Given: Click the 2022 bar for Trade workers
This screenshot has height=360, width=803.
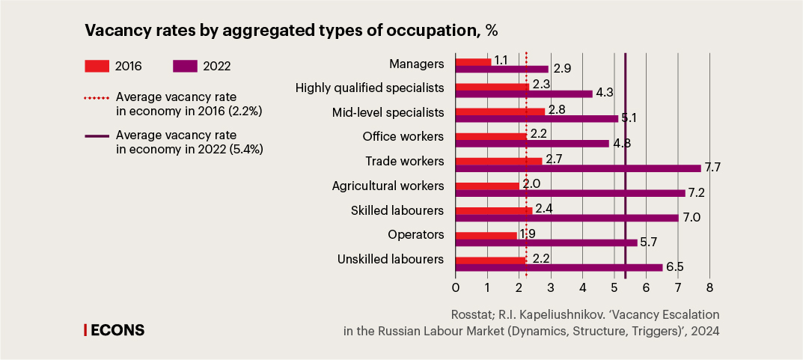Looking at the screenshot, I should pyautogui.click(x=578, y=168).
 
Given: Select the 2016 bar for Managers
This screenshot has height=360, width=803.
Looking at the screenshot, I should pyautogui.click(x=473, y=62).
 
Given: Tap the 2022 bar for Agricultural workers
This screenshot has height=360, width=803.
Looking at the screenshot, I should pyautogui.click(x=570, y=192).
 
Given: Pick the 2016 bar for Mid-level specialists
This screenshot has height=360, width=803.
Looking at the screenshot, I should pyautogui.click(x=500, y=112).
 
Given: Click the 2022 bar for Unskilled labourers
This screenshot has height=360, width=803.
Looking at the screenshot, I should pyautogui.click(x=559, y=266).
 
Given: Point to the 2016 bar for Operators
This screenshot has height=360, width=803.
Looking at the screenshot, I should pyautogui.click(x=486, y=235).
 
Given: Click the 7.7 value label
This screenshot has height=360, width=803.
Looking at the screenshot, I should pyautogui.click(x=712, y=168).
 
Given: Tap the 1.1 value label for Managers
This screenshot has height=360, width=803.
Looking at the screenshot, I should pyautogui.click(x=502, y=59).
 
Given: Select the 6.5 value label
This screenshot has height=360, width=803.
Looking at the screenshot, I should pyautogui.click(x=674, y=266).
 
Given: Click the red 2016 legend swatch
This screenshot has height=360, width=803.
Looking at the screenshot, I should pyautogui.click(x=97, y=66).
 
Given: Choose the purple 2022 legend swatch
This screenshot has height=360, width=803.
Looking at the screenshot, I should pyautogui.click(x=185, y=66).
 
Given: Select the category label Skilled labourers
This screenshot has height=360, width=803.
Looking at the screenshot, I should pyautogui.click(x=397, y=210).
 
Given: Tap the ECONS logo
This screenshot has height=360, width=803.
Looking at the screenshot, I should pyautogui.click(x=115, y=329).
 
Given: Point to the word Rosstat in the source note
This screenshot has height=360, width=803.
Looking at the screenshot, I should pyautogui.click(x=473, y=314).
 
